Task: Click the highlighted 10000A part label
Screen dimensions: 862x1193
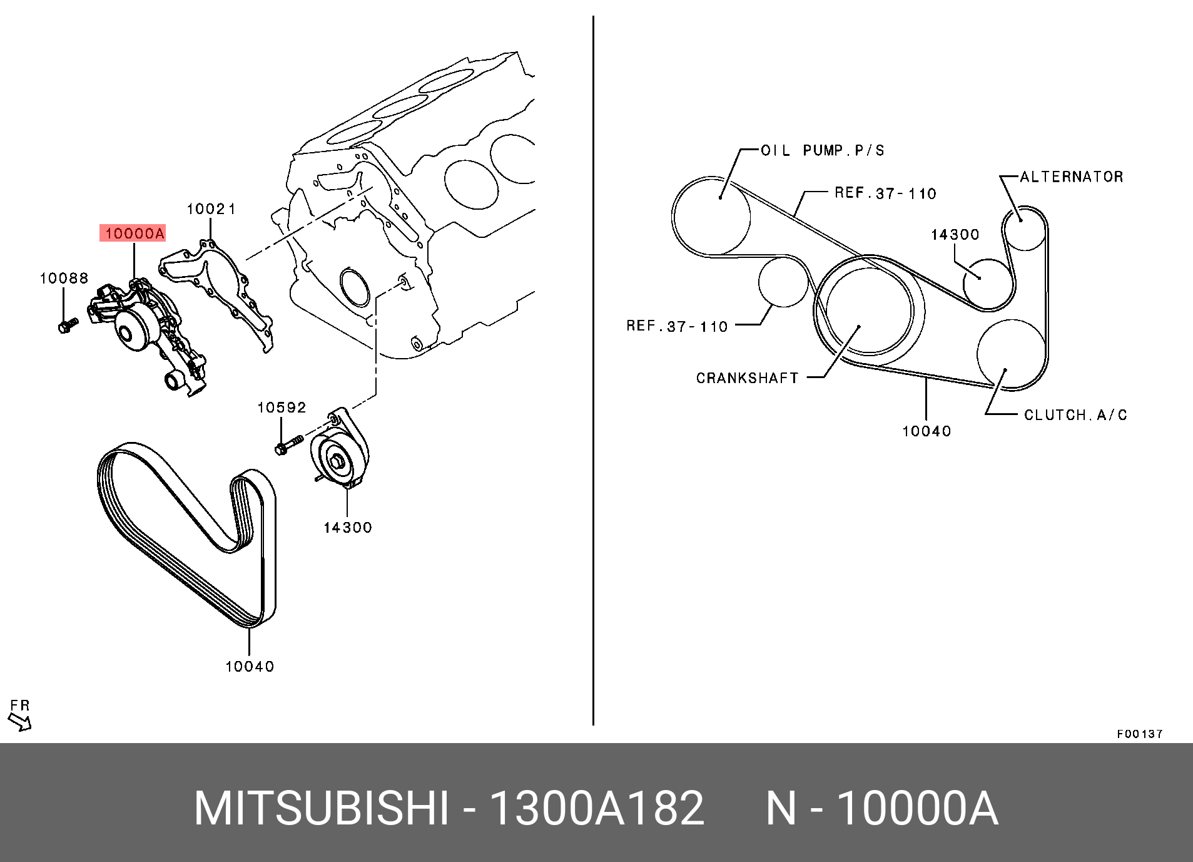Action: tap(133, 234)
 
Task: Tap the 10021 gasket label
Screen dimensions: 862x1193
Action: tap(211, 209)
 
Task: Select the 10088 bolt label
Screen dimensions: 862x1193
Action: tap(64, 279)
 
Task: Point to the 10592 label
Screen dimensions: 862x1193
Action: tap(282, 408)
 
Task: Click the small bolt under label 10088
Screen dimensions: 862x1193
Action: tap(67, 326)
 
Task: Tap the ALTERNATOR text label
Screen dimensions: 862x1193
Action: tap(1071, 177)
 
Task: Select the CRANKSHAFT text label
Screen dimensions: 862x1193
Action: tap(747, 378)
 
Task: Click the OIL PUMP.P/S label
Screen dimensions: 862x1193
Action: tap(823, 151)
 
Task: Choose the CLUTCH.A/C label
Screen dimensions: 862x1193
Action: tap(1075, 415)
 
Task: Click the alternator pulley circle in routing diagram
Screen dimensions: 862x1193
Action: tap(1024, 228)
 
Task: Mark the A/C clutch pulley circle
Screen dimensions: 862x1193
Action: tap(1011, 354)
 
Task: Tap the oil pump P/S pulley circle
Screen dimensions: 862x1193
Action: tap(711, 216)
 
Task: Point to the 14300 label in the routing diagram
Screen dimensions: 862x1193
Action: tap(955, 235)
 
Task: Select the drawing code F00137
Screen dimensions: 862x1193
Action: tap(1139, 734)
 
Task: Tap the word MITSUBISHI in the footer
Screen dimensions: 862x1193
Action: tap(321, 808)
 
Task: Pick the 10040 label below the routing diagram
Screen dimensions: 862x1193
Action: tap(926, 431)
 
